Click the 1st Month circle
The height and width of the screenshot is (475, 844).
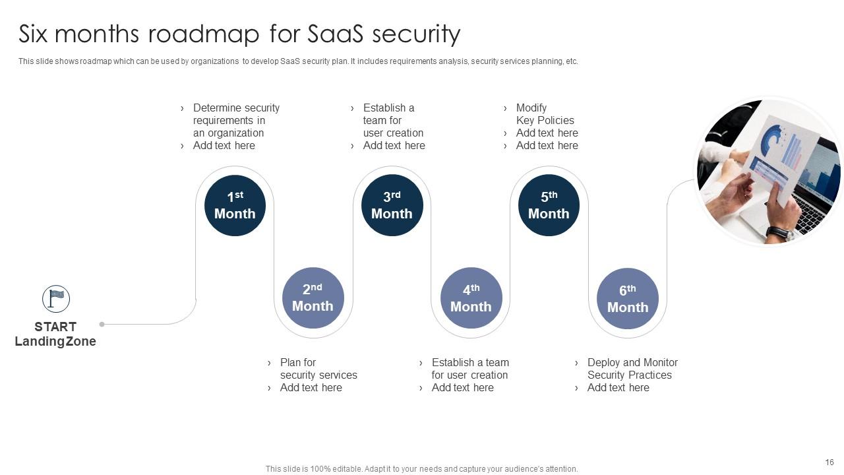(235, 205)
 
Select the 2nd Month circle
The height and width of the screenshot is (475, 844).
(313, 298)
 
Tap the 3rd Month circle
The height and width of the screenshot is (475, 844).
(392, 205)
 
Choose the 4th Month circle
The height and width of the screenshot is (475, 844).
(471, 298)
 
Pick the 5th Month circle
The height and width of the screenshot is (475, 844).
(549, 205)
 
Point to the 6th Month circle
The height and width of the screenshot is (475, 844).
(627, 298)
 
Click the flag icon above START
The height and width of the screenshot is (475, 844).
(56, 299)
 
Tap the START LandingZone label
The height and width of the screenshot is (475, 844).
(55, 334)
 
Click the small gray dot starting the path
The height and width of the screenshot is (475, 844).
(102, 324)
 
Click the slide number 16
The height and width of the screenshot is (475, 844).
(829, 462)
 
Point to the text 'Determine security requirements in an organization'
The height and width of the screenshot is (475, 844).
(235, 120)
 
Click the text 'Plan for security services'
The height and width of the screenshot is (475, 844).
(318, 369)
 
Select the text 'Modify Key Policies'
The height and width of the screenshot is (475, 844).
(545, 114)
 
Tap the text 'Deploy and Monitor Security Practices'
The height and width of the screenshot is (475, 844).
(632, 369)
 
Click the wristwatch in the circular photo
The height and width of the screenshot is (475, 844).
(782, 233)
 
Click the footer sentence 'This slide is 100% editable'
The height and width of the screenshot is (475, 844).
(421, 469)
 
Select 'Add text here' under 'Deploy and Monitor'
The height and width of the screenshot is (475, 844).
(618, 388)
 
